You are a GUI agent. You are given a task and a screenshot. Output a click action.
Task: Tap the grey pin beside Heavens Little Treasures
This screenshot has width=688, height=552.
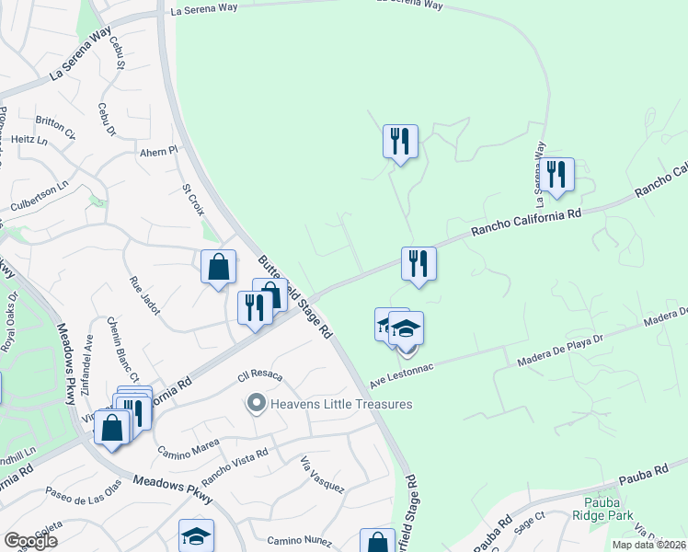click(x=257, y=403)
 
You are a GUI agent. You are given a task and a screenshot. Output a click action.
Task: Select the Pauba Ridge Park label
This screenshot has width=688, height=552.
click(x=608, y=510)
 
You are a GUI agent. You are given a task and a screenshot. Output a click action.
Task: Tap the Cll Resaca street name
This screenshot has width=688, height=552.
click(x=258, y=377)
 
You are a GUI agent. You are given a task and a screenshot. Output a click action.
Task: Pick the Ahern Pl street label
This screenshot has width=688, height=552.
click(x=158, y=150)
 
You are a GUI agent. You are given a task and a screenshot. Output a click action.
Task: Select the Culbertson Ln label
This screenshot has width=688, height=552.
click(x=39, y=195)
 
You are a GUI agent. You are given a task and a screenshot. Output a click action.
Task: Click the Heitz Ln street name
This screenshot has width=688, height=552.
click(x=30, y=140)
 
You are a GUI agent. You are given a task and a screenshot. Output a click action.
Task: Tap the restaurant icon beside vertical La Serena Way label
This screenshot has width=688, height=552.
click(x=556, y=173)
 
